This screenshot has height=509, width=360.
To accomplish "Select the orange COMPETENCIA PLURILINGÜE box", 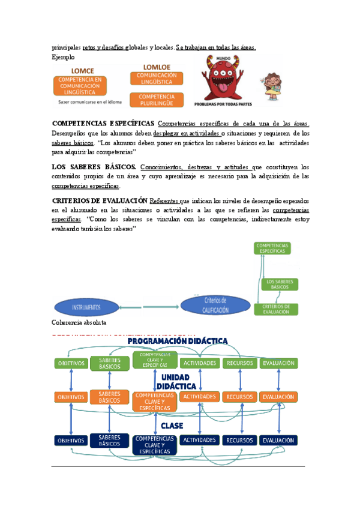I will click(157, 100).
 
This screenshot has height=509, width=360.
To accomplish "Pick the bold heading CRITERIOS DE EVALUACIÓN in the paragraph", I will click(100, 200).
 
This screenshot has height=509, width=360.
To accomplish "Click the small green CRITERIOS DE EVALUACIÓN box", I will click(276, 309).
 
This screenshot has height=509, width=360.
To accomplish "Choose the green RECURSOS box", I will click(239, 363).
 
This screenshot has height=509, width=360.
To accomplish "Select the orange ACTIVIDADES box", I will click(199, 397).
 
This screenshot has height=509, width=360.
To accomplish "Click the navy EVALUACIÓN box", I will click(278, 440).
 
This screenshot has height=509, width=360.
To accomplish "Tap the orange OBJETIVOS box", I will click(71, 397).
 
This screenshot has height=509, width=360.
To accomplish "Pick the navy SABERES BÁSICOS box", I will click(109, 440).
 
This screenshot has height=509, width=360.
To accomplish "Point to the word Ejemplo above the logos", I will click(64, 58).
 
